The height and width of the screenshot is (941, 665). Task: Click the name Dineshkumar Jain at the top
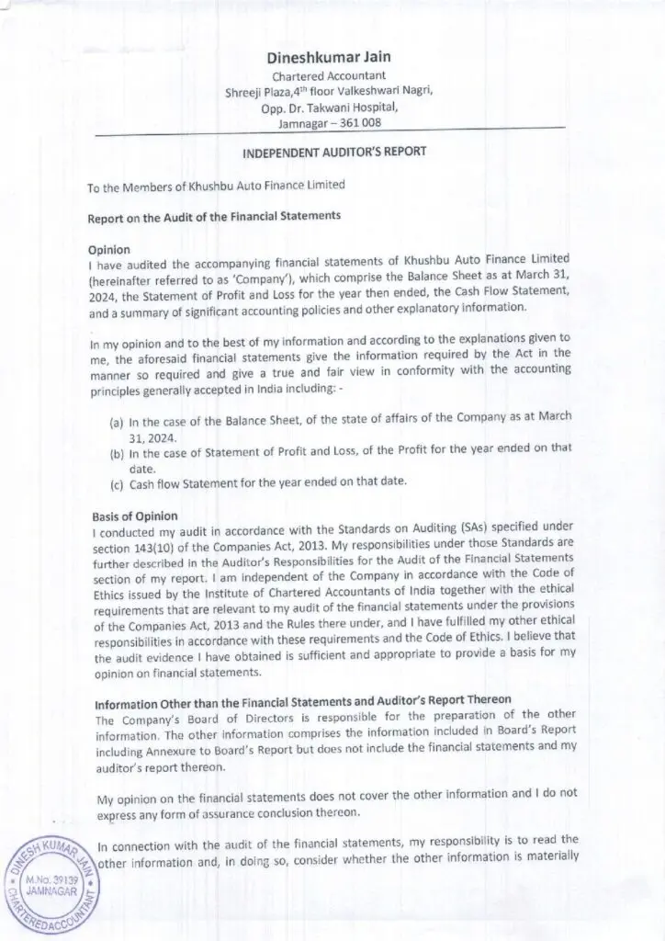click(x=330, y=57)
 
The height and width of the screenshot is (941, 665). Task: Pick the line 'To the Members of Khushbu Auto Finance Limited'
click(x=216, y=186)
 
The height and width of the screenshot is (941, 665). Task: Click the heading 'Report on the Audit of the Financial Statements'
click(x=214, y=218)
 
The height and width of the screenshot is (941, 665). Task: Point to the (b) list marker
click(x=118, y=452)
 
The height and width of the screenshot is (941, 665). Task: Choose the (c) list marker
click(x=118, y=483)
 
